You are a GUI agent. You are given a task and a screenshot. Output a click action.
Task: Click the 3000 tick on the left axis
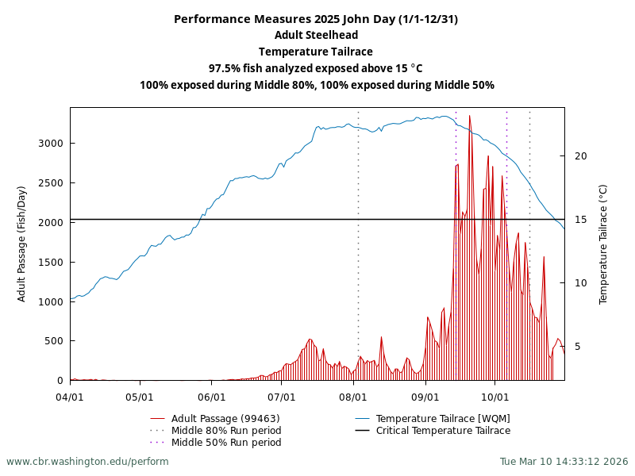pos(48,143)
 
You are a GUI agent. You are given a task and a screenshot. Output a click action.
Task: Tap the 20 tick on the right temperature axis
pos(580,155)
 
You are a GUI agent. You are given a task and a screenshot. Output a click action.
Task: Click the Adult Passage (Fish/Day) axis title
pos(22,244)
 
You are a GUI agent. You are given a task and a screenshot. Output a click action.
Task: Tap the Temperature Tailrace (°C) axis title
pos(603,244)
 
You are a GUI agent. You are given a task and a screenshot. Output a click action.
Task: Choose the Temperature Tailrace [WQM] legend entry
pos(443,418)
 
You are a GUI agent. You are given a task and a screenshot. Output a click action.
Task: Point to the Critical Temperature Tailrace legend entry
pos(443,430)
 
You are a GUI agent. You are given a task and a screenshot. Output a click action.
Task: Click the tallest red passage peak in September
pos(469,117)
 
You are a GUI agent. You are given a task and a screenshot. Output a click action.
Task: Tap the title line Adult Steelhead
pos(316,35)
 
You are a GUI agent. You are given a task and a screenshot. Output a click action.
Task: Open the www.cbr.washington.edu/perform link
pos(87,461)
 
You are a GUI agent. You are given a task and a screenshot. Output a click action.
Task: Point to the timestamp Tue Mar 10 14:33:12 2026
pos(564,461)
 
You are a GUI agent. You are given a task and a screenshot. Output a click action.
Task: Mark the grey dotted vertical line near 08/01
pos(358,238)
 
